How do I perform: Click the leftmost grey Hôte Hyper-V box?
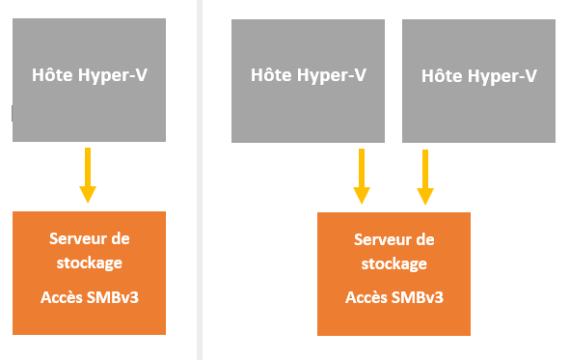click(89, 81)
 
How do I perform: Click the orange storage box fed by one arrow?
click(89, 272)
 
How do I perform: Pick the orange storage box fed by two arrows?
click(394, 273)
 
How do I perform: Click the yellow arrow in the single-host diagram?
click(88, 174)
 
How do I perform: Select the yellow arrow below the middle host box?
click(362, 175)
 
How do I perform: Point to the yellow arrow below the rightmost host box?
click(424, 175)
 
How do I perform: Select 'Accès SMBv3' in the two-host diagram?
click(394, 296)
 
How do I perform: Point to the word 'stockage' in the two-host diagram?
click(394, 263)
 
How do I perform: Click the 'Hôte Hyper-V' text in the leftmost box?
click(89, 74)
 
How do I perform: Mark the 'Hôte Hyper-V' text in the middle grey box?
click(308, 74)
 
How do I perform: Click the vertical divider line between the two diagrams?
click(200, 180)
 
